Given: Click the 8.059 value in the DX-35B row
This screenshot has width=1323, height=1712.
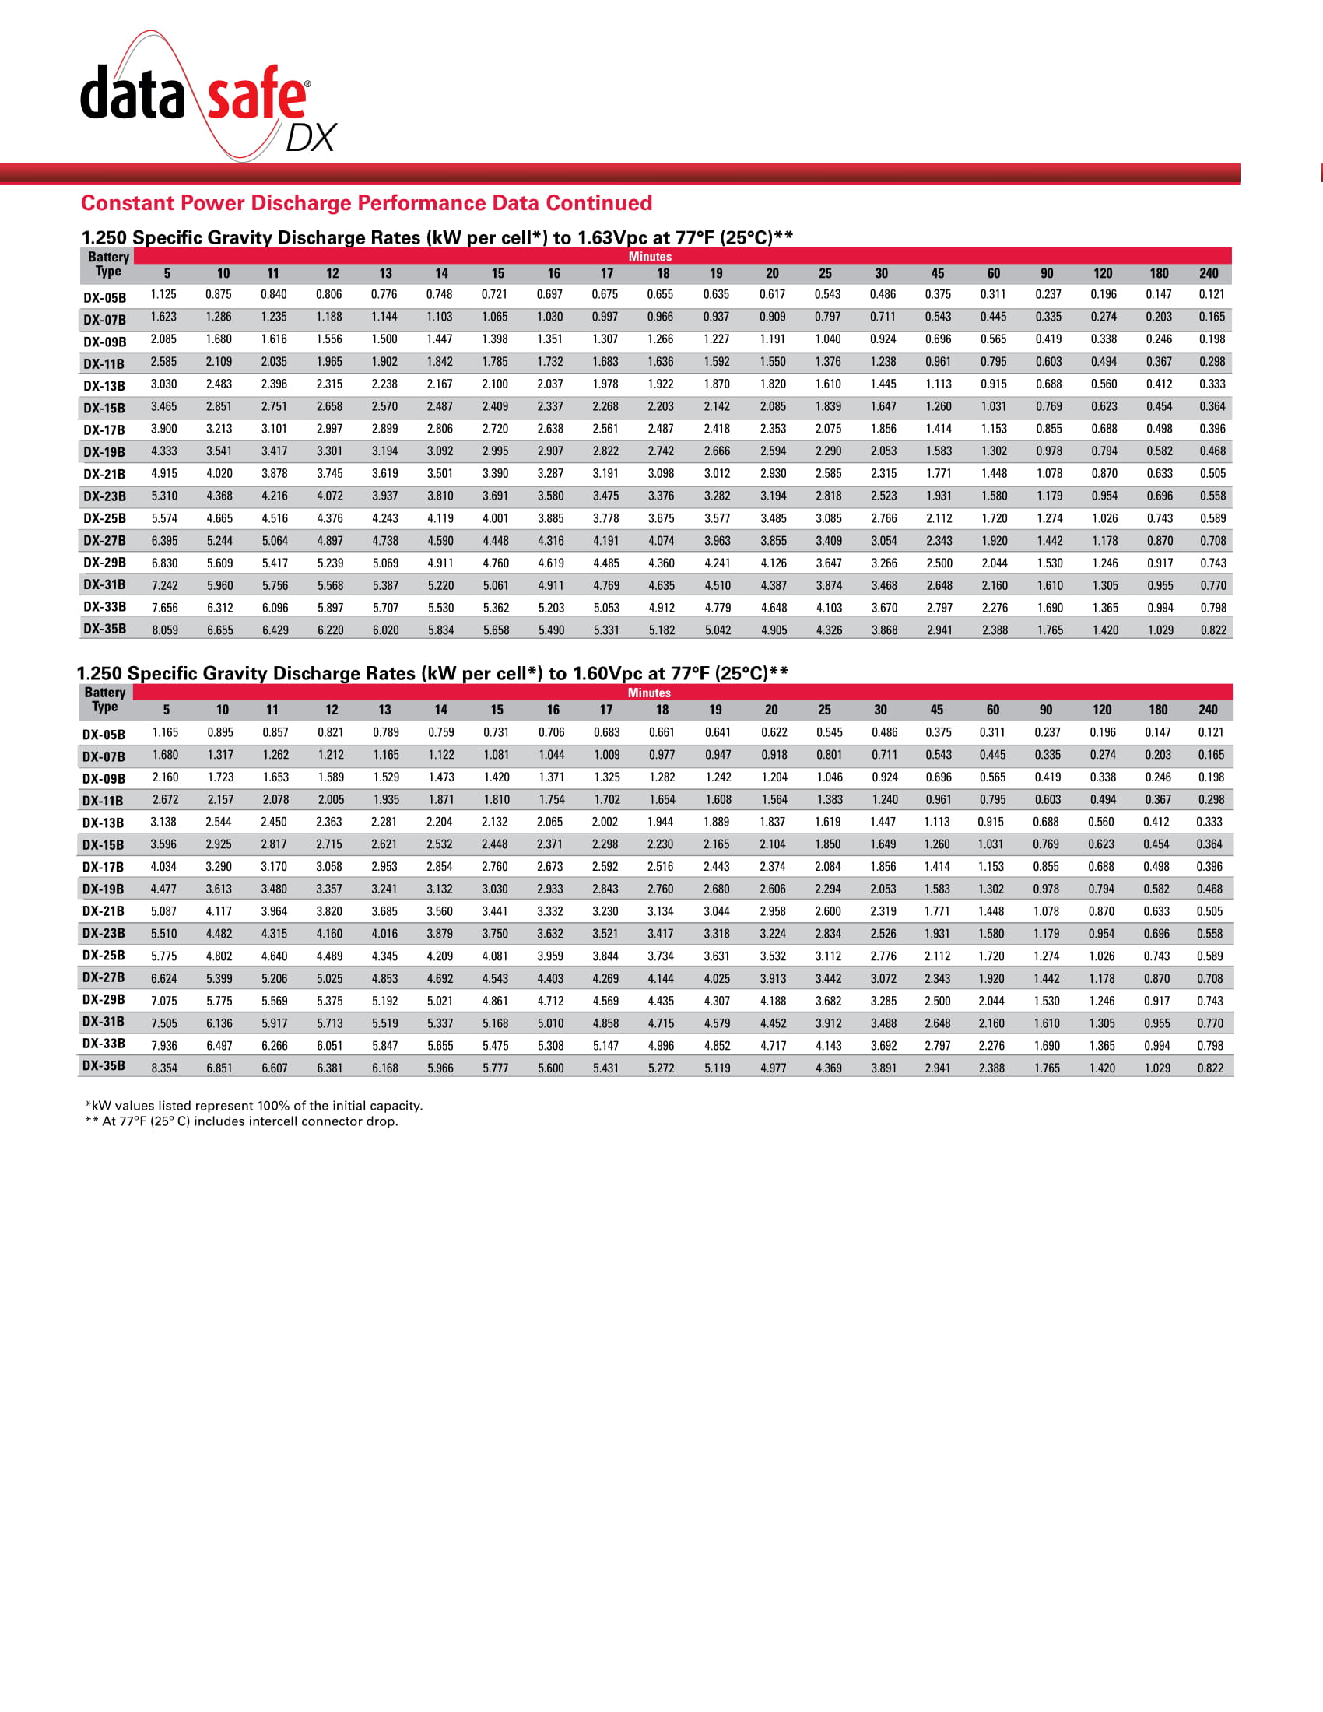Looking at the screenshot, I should point(164,630).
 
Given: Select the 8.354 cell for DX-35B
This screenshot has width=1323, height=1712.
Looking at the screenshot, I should point(164,1068).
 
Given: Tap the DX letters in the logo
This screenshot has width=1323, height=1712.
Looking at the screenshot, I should point(311,139).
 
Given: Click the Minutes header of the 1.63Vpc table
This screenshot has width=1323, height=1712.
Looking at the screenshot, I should point(650,256).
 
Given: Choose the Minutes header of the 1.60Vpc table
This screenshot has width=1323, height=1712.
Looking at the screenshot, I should point(649,693).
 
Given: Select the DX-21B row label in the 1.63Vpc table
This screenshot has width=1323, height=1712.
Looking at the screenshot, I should point(104,474).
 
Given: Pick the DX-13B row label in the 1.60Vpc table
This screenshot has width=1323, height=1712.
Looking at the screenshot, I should point(104,823).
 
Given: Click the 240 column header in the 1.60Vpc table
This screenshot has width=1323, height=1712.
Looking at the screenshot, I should point(1208,710).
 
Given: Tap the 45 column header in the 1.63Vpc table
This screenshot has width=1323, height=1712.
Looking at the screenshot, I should point(938,274).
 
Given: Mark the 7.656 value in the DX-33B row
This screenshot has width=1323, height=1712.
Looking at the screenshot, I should point(164,608).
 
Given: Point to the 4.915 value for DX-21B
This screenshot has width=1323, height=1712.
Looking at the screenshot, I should point(164,473).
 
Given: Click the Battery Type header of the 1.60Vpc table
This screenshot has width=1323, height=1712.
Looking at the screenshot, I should point(105,700).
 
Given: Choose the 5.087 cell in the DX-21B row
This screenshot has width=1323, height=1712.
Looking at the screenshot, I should point(164,912).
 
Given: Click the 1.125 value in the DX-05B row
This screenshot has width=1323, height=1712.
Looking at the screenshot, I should point(163,295).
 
